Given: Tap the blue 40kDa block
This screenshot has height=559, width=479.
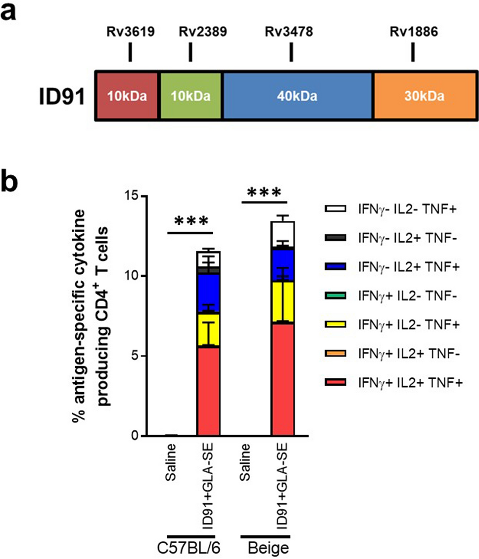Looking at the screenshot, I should click(x=298, y=95).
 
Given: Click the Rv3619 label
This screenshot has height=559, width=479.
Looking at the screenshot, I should click(x=130, y=33).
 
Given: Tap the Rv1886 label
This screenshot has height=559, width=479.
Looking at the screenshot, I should click(x=413, y=33).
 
